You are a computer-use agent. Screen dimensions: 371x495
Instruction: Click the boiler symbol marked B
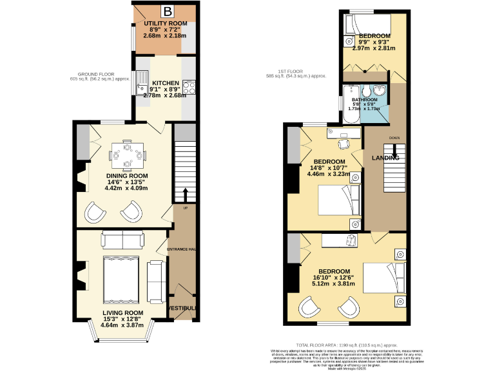tap(167, 11)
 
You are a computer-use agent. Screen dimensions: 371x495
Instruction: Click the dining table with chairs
tap(128, 154)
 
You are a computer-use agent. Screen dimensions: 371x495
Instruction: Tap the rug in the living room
tap(121, 281)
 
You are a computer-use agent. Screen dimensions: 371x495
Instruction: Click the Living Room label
tap(122, 313)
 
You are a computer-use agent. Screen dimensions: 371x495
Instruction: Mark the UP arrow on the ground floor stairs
tap(186, 193)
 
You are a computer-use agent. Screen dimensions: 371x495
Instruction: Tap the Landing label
tap(385, 158)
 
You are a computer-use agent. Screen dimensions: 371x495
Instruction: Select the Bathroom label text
tap(364, 100)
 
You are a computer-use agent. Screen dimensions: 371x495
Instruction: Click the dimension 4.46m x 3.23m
tap(329, 174)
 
